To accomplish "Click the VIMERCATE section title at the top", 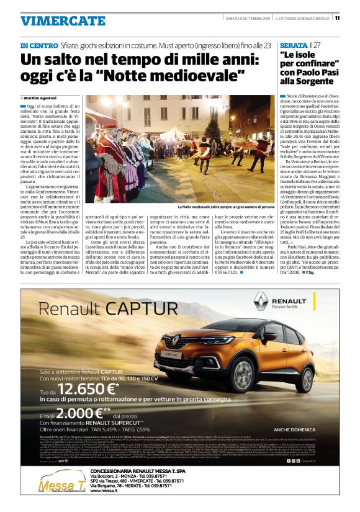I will pos(63,20).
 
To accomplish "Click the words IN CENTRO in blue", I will pos(40,46).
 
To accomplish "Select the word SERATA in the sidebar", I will pos(294,46).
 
